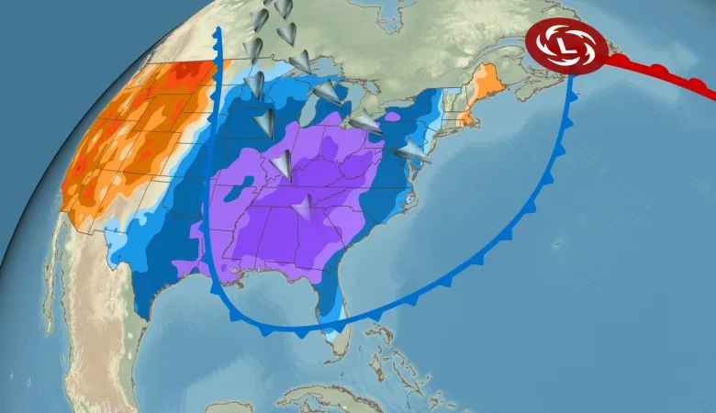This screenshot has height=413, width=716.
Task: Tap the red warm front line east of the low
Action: coord(661,73)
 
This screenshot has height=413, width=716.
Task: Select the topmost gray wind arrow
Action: coord(284,8)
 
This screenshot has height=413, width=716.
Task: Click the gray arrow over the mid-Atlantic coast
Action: coord(413,151)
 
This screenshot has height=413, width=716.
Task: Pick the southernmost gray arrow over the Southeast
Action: coord(302,210)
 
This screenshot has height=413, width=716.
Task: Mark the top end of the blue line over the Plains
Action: coord(218,31)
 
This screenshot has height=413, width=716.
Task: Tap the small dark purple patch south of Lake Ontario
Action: coord(392,117)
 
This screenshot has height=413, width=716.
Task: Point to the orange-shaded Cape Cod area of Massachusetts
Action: coord(471,118)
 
